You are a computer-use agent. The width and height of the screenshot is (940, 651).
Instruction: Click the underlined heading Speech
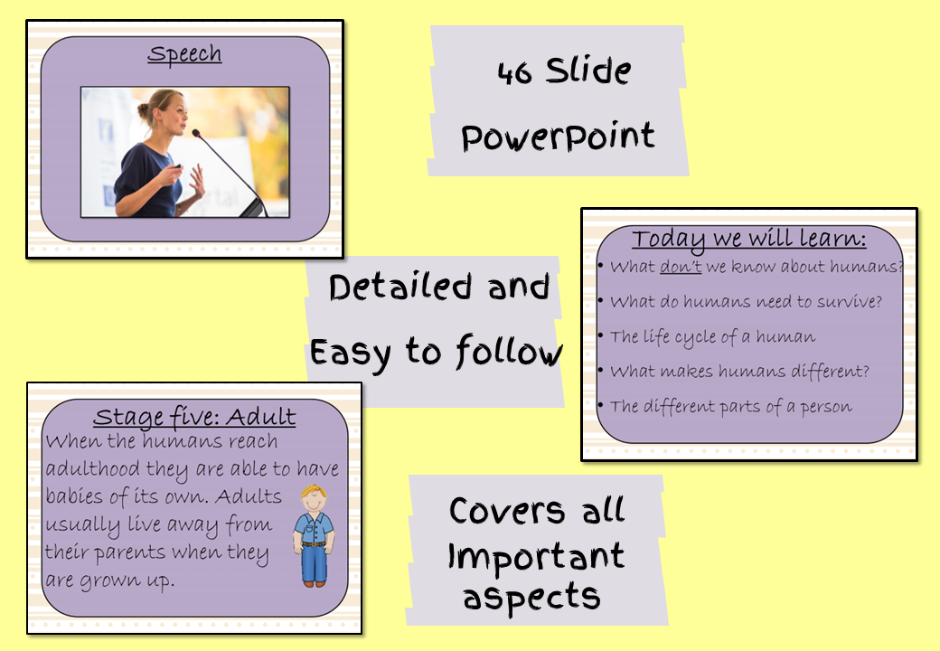pos(184,54)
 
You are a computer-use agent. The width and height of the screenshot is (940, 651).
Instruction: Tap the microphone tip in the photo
pos(195,133)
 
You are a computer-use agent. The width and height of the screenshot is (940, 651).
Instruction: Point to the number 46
pos(514,73)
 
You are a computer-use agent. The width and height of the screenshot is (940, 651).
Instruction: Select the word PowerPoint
pos(559,137)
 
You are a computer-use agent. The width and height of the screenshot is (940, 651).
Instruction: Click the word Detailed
pos(400,287)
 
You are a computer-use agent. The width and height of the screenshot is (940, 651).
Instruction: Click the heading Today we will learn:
pos(749,240)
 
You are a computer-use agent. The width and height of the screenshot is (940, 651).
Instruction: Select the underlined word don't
pos(681,266)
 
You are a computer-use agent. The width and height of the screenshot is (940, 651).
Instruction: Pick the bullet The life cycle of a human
pos(713,337)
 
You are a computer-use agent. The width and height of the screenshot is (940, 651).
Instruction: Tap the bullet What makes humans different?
pos(739,371)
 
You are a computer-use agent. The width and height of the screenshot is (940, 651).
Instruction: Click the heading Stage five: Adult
pos(195,417)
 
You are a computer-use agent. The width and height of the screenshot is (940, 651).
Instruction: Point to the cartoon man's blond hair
pos(314,494)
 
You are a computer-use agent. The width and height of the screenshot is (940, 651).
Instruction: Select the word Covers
pos(507,512)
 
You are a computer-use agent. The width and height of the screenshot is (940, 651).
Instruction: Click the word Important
pos(537,556)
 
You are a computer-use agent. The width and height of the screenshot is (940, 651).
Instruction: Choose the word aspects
pos(531,597)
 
